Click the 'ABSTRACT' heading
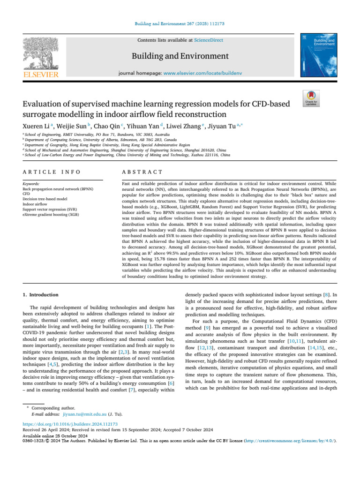(141, 159)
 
